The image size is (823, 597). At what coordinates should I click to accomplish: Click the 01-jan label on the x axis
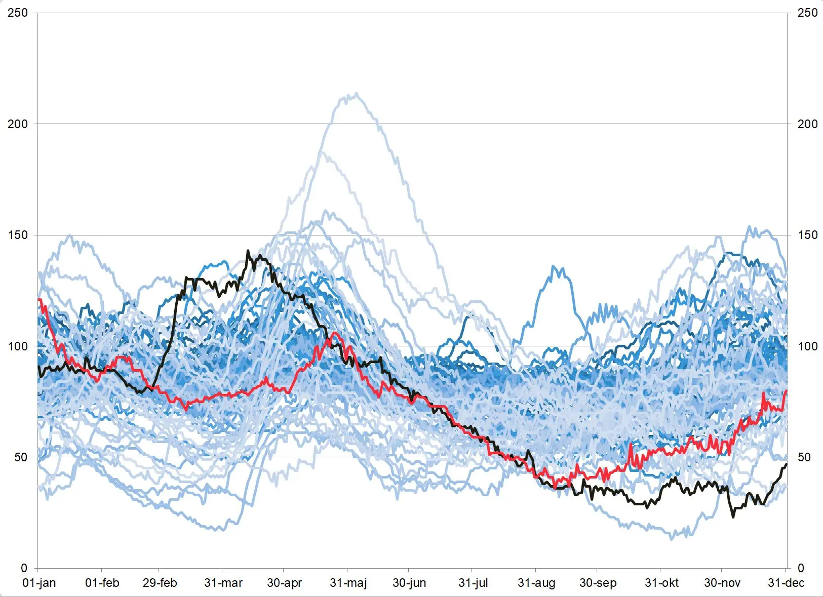[40, 583]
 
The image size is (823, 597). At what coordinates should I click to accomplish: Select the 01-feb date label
[102, 583]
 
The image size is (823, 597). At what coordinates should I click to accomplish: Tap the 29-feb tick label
[160, 583]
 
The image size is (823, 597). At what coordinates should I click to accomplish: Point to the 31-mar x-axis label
[223, 583]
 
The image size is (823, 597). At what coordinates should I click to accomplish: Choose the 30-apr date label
[284, 583]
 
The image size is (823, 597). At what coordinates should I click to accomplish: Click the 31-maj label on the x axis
[348, 583]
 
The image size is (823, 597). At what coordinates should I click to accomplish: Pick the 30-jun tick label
[409, 583]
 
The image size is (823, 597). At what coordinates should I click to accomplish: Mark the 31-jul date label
[473, 583]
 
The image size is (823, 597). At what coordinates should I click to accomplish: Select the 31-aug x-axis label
[536, 583]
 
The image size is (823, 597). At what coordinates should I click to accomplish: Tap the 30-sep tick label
[598, 583]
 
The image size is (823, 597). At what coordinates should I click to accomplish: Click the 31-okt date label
[661, 583]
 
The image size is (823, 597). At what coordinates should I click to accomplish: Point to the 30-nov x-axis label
[722, 583]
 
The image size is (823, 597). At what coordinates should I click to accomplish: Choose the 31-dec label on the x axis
[786, 583]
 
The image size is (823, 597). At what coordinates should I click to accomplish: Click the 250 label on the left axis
[18, 13]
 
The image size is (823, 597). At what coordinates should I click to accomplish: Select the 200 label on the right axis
[807, 124]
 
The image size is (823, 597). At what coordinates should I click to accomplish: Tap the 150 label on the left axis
[18, 235]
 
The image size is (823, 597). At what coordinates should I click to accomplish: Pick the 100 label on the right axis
[807, 346]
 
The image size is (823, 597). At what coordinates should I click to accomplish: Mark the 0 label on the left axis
[24, 569]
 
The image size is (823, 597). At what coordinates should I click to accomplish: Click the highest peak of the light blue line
[357, 93]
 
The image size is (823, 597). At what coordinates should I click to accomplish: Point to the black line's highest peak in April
[248, 251]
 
